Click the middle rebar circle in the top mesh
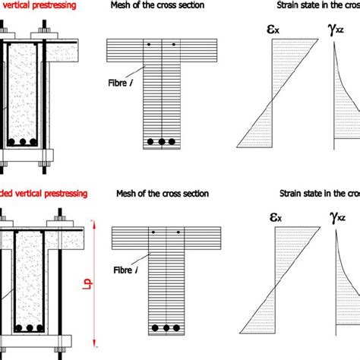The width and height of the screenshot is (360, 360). [x=163, y=141]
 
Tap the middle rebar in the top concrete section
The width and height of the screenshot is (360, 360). [x=22, y=141]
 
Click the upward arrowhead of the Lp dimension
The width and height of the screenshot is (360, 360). [x=93, y=222]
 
